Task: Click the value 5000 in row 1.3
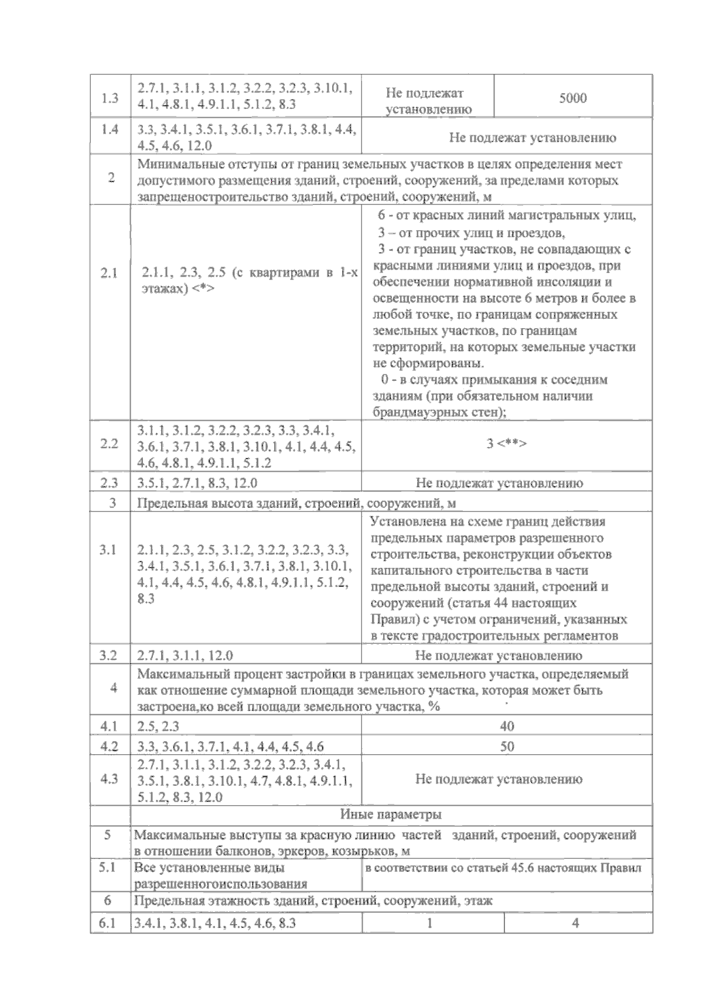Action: click(x=572, y=98)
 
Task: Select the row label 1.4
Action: click(x=110, y=130)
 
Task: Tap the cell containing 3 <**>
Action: click(x=506, y=444)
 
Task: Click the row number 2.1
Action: click(x=110, y=273)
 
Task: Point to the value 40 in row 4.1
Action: click(x=507, y=726)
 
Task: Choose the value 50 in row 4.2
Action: click(x=507, y=746)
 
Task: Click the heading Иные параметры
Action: click(x=391, y=815)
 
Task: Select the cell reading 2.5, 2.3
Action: click(x=158, y=726)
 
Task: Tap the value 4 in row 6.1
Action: click(x=575, y=923)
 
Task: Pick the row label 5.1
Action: click(x=108, y=867)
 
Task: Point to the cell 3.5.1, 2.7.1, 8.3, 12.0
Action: click(x=197, y=483)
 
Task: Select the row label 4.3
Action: click(x=110, y=779)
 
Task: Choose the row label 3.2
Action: click(x=108, y=655)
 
